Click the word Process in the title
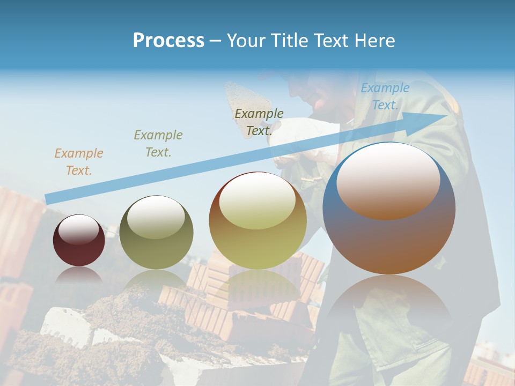[x=168, y=40]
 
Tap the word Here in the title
[x=374, y=40]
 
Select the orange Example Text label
[x=78, y=161]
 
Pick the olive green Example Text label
[x=158, y=143]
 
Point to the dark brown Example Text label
[x=259, y=122]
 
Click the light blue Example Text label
[x=385, y=96]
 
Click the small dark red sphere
[x=79, y=247]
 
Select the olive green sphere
[x=156, y=239]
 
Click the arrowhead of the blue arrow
[x=437, y=116]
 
